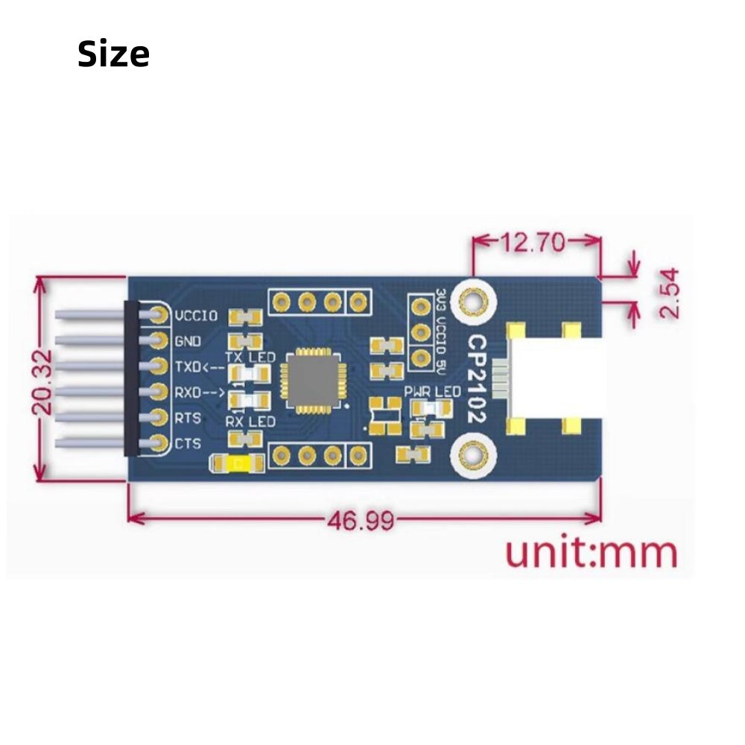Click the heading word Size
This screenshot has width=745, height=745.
(x=113, y=54)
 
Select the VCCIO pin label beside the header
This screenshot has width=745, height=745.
(x=197, y=316)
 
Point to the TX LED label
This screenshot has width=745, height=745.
(x=250, y=358)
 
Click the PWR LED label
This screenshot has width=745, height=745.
(x=432, y=391)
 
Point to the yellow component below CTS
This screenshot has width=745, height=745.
(x=238, y=463)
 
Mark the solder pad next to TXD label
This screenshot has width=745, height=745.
(x=158, y=366)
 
